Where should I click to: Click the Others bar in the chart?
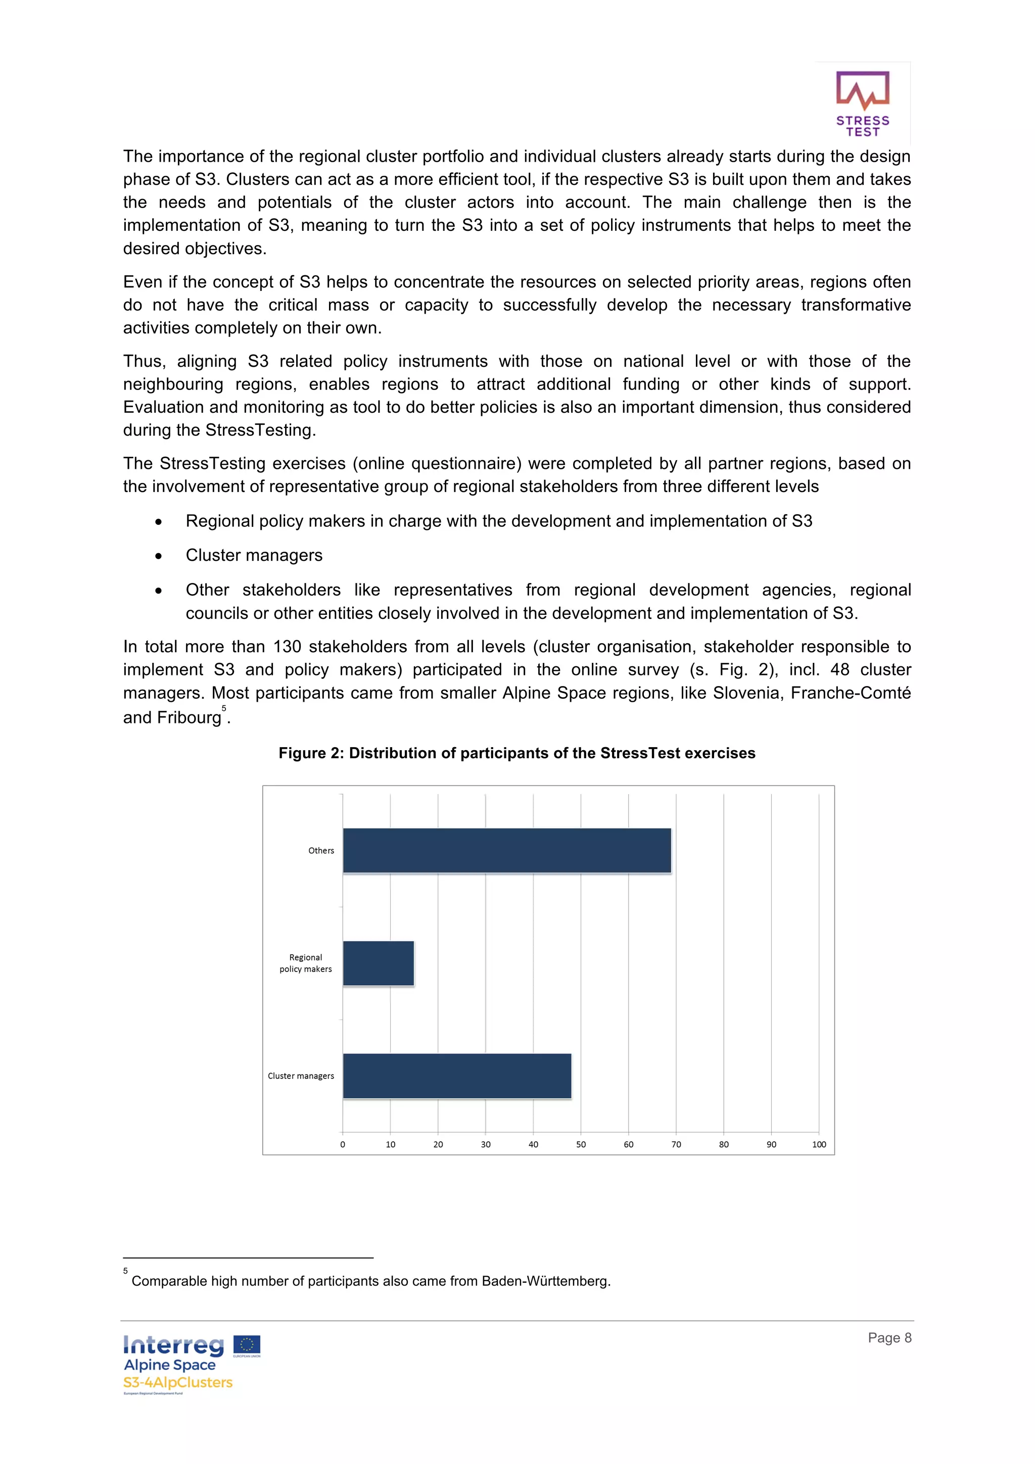click(x=506, y=850)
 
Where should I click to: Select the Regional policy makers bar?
click(x=378, y=963)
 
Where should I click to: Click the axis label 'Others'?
click(x=321, y=850)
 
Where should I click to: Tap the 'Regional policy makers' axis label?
click(x=305, y=963)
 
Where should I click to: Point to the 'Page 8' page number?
click(x=889, y=1337)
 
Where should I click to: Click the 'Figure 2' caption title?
click(x=516, y=753)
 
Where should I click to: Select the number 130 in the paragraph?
click(x=287, y=647)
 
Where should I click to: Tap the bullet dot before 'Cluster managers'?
click(x=158, y=556)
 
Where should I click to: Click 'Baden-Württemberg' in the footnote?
click(x=545, y=1281)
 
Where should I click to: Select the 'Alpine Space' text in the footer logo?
click(x=170, y=1364)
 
